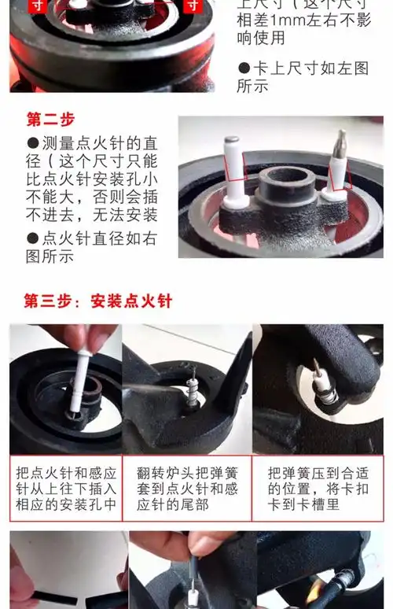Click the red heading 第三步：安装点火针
click(x=97, y=301)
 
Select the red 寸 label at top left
click(x=37, y=6)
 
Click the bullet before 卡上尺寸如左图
click(x=244, y=68)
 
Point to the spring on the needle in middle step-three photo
click(x=193, y=390)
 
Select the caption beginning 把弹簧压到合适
click(x=318, y=489)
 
